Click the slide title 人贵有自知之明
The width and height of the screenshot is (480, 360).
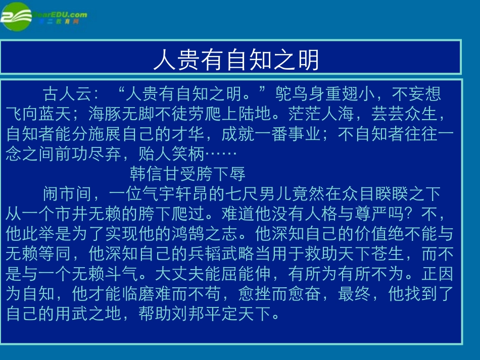236,60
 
